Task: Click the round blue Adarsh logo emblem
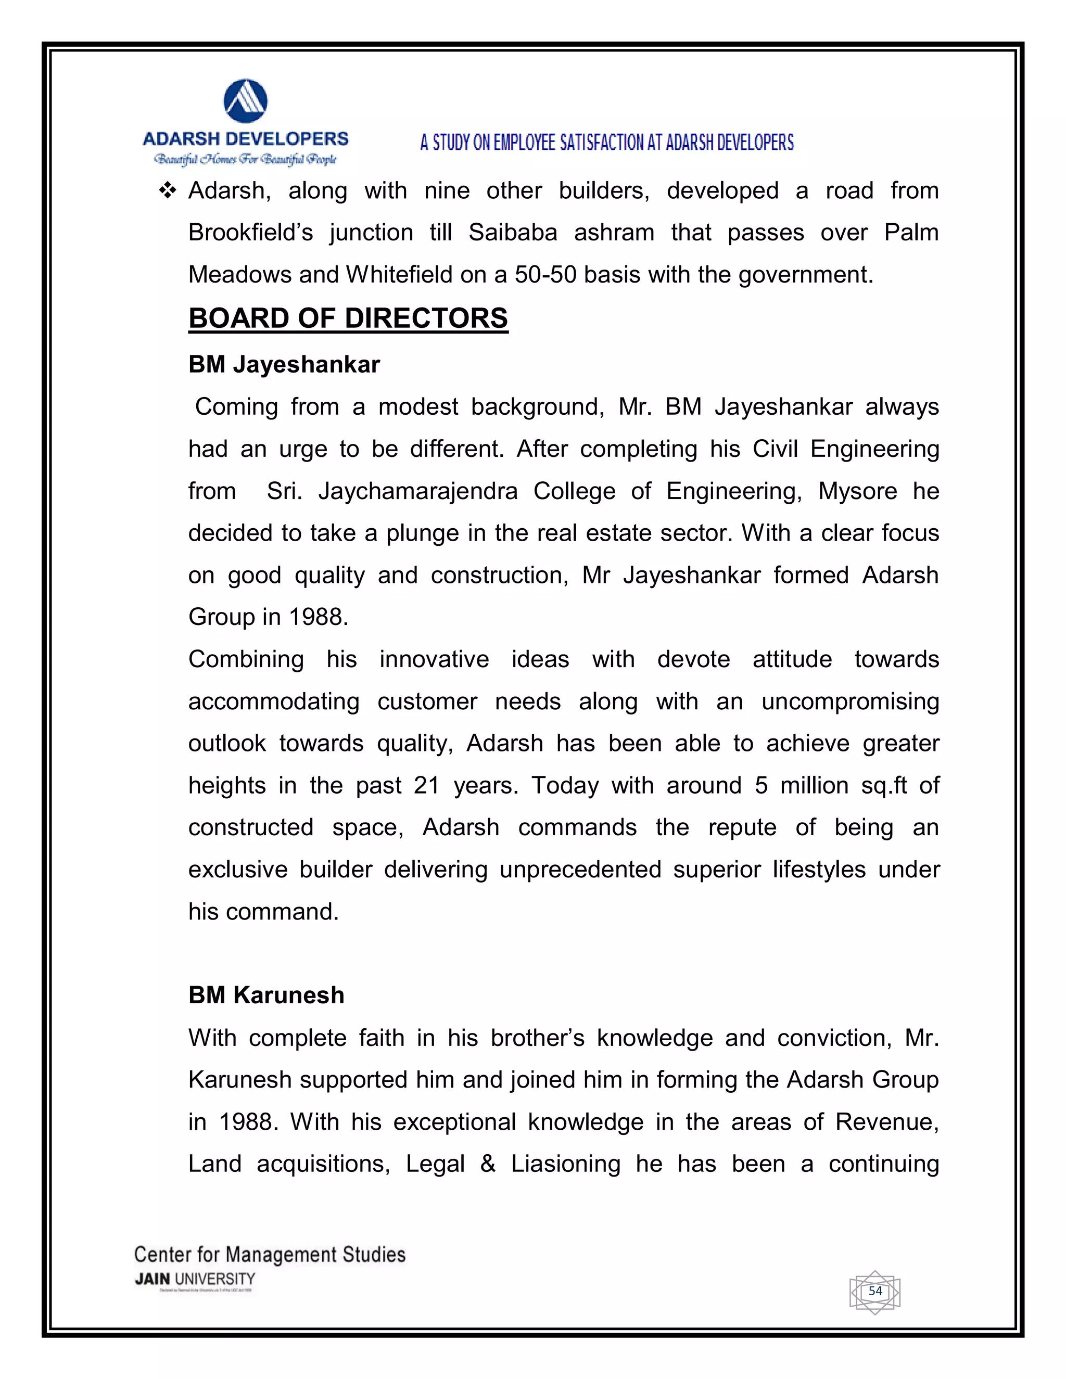(x=246, y=101)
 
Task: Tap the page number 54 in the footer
(x=875, y=1291)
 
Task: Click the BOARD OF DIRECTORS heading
(x=348, y=318)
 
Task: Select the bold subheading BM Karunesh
(x=266, y=995)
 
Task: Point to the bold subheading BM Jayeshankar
(x=284, y=364)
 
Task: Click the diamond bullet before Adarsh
(x=168, y=190)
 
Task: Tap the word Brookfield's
(x=251, y=233)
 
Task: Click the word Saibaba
(x=512, y=233)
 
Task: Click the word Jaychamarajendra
(x=417, y=491)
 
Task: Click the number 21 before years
(x=426, y=785)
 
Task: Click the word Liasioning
(x=565, y=1164)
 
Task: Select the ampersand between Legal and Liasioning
(x=488, y=1164)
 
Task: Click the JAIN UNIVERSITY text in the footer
(x=195, y=1279)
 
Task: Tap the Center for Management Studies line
(x=270, y=1254)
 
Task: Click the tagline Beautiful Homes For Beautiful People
(x=246, y=159)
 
